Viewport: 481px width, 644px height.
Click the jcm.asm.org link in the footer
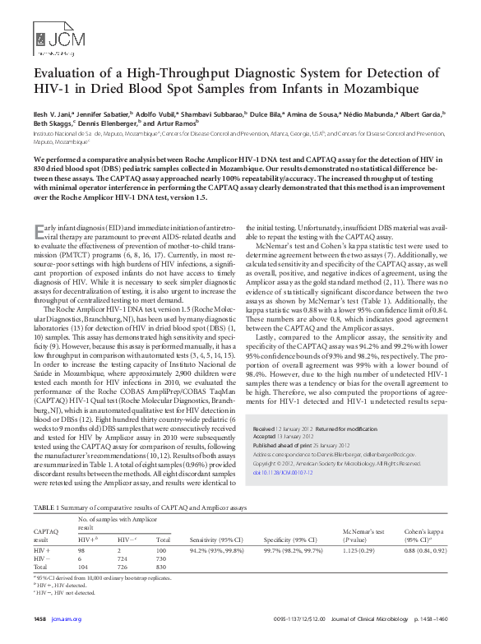point(66,619)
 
